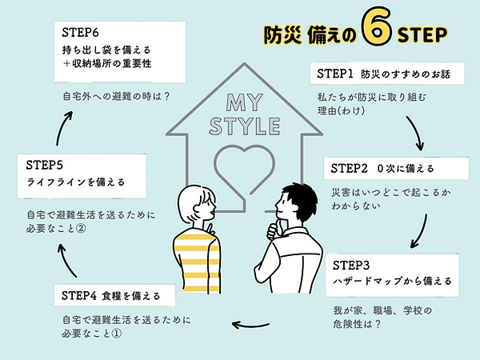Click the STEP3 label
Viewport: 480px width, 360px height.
[350, 264]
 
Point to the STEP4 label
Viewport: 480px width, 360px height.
[79, 295]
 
